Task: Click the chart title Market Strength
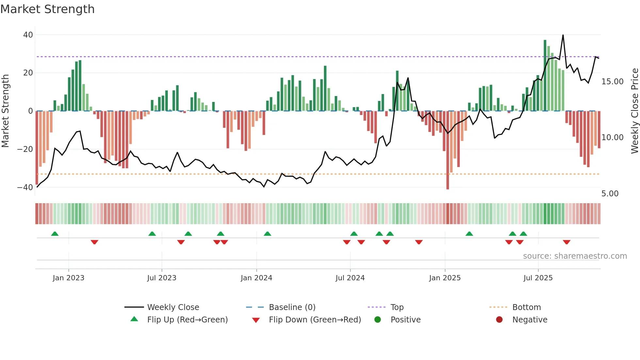47,9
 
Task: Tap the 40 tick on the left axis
28,35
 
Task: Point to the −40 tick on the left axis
25,188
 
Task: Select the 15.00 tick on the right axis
612,82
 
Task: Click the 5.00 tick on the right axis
610,194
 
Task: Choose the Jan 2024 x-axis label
256,278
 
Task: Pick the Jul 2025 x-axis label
538,278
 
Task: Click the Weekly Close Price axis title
634,111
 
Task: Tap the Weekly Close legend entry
173,307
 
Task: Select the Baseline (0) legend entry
292,307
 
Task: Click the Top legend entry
397,307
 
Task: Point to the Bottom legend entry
526,307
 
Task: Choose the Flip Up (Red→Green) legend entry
187,320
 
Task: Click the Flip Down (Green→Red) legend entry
315,320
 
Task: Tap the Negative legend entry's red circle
499,319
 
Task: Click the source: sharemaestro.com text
575,256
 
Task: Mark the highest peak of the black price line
563,35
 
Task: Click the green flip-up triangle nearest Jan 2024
267,234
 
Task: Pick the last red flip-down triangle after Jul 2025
567,242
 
